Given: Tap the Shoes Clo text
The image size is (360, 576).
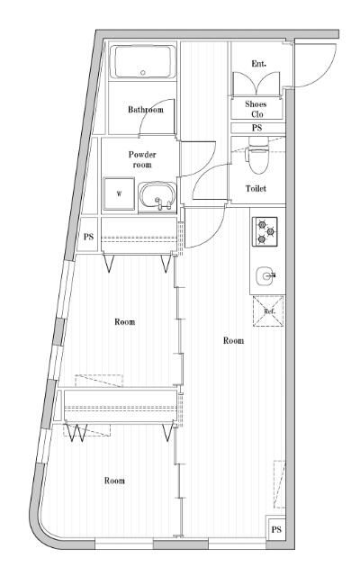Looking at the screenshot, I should [256, 109].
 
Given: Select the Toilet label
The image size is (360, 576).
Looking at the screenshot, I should [256, 189].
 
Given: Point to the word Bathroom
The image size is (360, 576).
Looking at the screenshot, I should [145, 110].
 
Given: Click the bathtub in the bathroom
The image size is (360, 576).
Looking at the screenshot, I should [142, 63].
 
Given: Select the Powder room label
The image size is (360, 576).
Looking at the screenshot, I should [142, 159].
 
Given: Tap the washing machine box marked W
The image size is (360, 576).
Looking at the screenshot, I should [117, 193].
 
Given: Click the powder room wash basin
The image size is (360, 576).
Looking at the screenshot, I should [157, 194].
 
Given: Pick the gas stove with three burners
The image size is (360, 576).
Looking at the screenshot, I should [265, 231].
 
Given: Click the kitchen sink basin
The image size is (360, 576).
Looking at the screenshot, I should [265, 275].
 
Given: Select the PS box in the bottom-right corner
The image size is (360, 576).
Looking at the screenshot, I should [276, 529].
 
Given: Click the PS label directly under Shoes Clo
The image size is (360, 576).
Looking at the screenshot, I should [256, 128].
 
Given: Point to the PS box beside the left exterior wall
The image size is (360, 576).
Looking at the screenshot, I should [89, 237].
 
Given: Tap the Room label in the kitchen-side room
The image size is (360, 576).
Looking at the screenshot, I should [233, 341].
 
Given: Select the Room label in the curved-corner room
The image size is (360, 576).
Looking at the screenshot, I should [114, 481].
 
